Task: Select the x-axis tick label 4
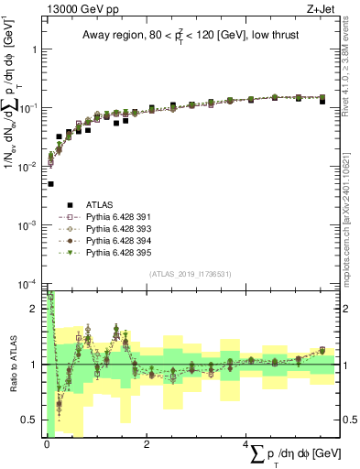tap(246, 444)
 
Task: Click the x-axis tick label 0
tap(47, 444)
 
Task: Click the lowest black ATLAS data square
tap(50, 184)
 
